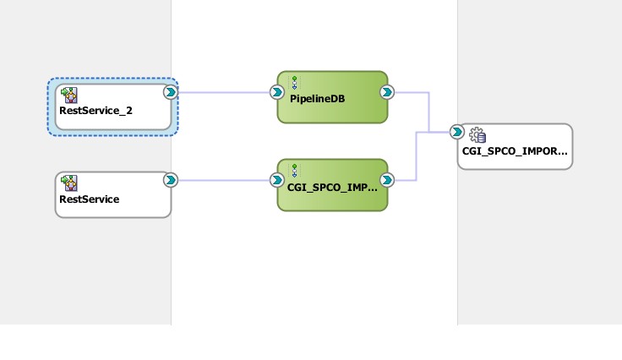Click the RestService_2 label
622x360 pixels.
(x=95, y=110)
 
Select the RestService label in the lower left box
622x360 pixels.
(x=89, y=199)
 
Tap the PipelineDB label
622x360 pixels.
(x=311, y=99)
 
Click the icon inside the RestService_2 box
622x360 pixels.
(x=69, y=94)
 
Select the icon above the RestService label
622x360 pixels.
(x=69, y=183)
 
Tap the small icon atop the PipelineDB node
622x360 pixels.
(x=294, y=82)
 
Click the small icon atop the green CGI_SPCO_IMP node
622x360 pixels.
(x=294, y=171)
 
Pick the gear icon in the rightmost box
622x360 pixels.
(x=477, y=134)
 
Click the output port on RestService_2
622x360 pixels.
(x=171, y=92)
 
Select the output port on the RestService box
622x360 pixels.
(x=171, y=180)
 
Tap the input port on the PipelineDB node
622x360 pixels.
(x=276, y=92)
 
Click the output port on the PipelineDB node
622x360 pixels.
(x=386, y=92)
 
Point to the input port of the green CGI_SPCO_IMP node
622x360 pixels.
(x=276, y=180)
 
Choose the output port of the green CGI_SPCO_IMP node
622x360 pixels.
(x=386, y=180)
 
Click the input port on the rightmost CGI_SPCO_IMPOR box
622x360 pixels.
(x=456, y=132)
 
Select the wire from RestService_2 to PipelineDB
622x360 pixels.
(x=224, y=92)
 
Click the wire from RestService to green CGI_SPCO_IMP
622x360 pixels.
(x=224, y=180)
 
